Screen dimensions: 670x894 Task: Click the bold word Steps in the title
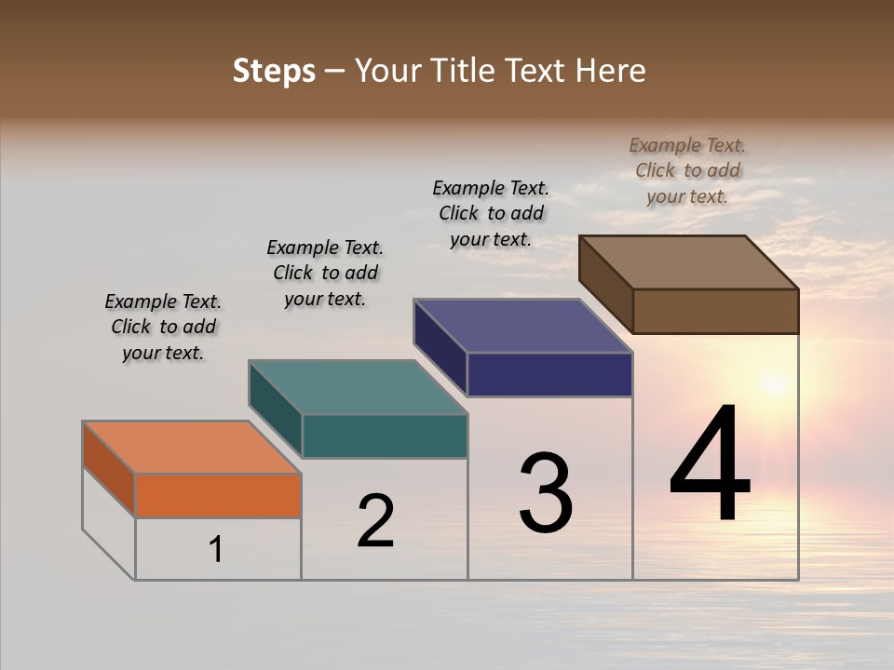pyautogui.click(x=274, y=71)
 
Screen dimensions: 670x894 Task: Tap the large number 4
pyautogui.click(x=710, y=464)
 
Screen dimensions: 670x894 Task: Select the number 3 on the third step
pyautogui.click(x=546, y=493)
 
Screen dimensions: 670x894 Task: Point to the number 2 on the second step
pyautogui.click(x=376, y=521)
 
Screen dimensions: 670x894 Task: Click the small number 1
pyautogui.click(x=216, y=550)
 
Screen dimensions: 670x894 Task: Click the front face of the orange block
pyautogui.click(x=218, y=495)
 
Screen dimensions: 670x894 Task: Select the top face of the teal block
pyautogui.click(x=359, y=387)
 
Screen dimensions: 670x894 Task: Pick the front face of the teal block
pyautogui.click(x=385, y=435)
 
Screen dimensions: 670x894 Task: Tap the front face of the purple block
pyautogui.click(x=549, y=374)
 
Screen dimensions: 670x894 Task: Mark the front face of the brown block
pyautogui.click(x=715, y=311)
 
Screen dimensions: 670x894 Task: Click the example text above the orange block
pyautogui.click(x=163, y=327)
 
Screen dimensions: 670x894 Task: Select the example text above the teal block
pyautogui.click(x=325, y=273)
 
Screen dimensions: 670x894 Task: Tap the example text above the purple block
pyautogui.click(x=491, y=213)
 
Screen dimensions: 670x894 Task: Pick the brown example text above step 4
pyautogui.click(x=687, y=170)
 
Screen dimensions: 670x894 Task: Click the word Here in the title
pyautogui.click(x=615, y=71)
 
